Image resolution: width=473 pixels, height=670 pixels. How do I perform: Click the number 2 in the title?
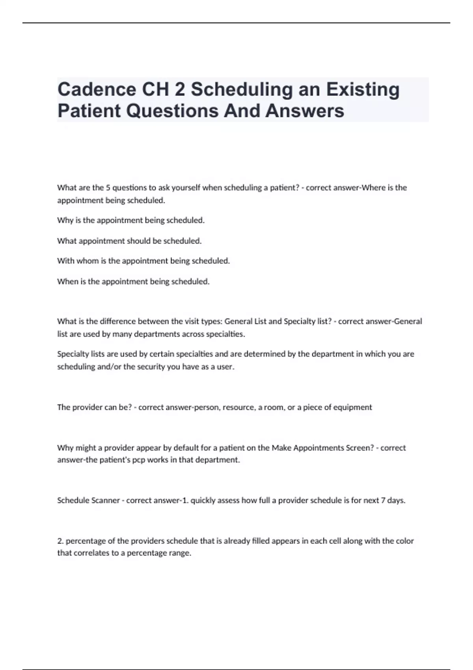point(179,89)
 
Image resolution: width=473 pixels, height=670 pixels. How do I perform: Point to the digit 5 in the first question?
point(108,188)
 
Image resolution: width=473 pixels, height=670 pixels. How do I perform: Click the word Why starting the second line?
point(65,220)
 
